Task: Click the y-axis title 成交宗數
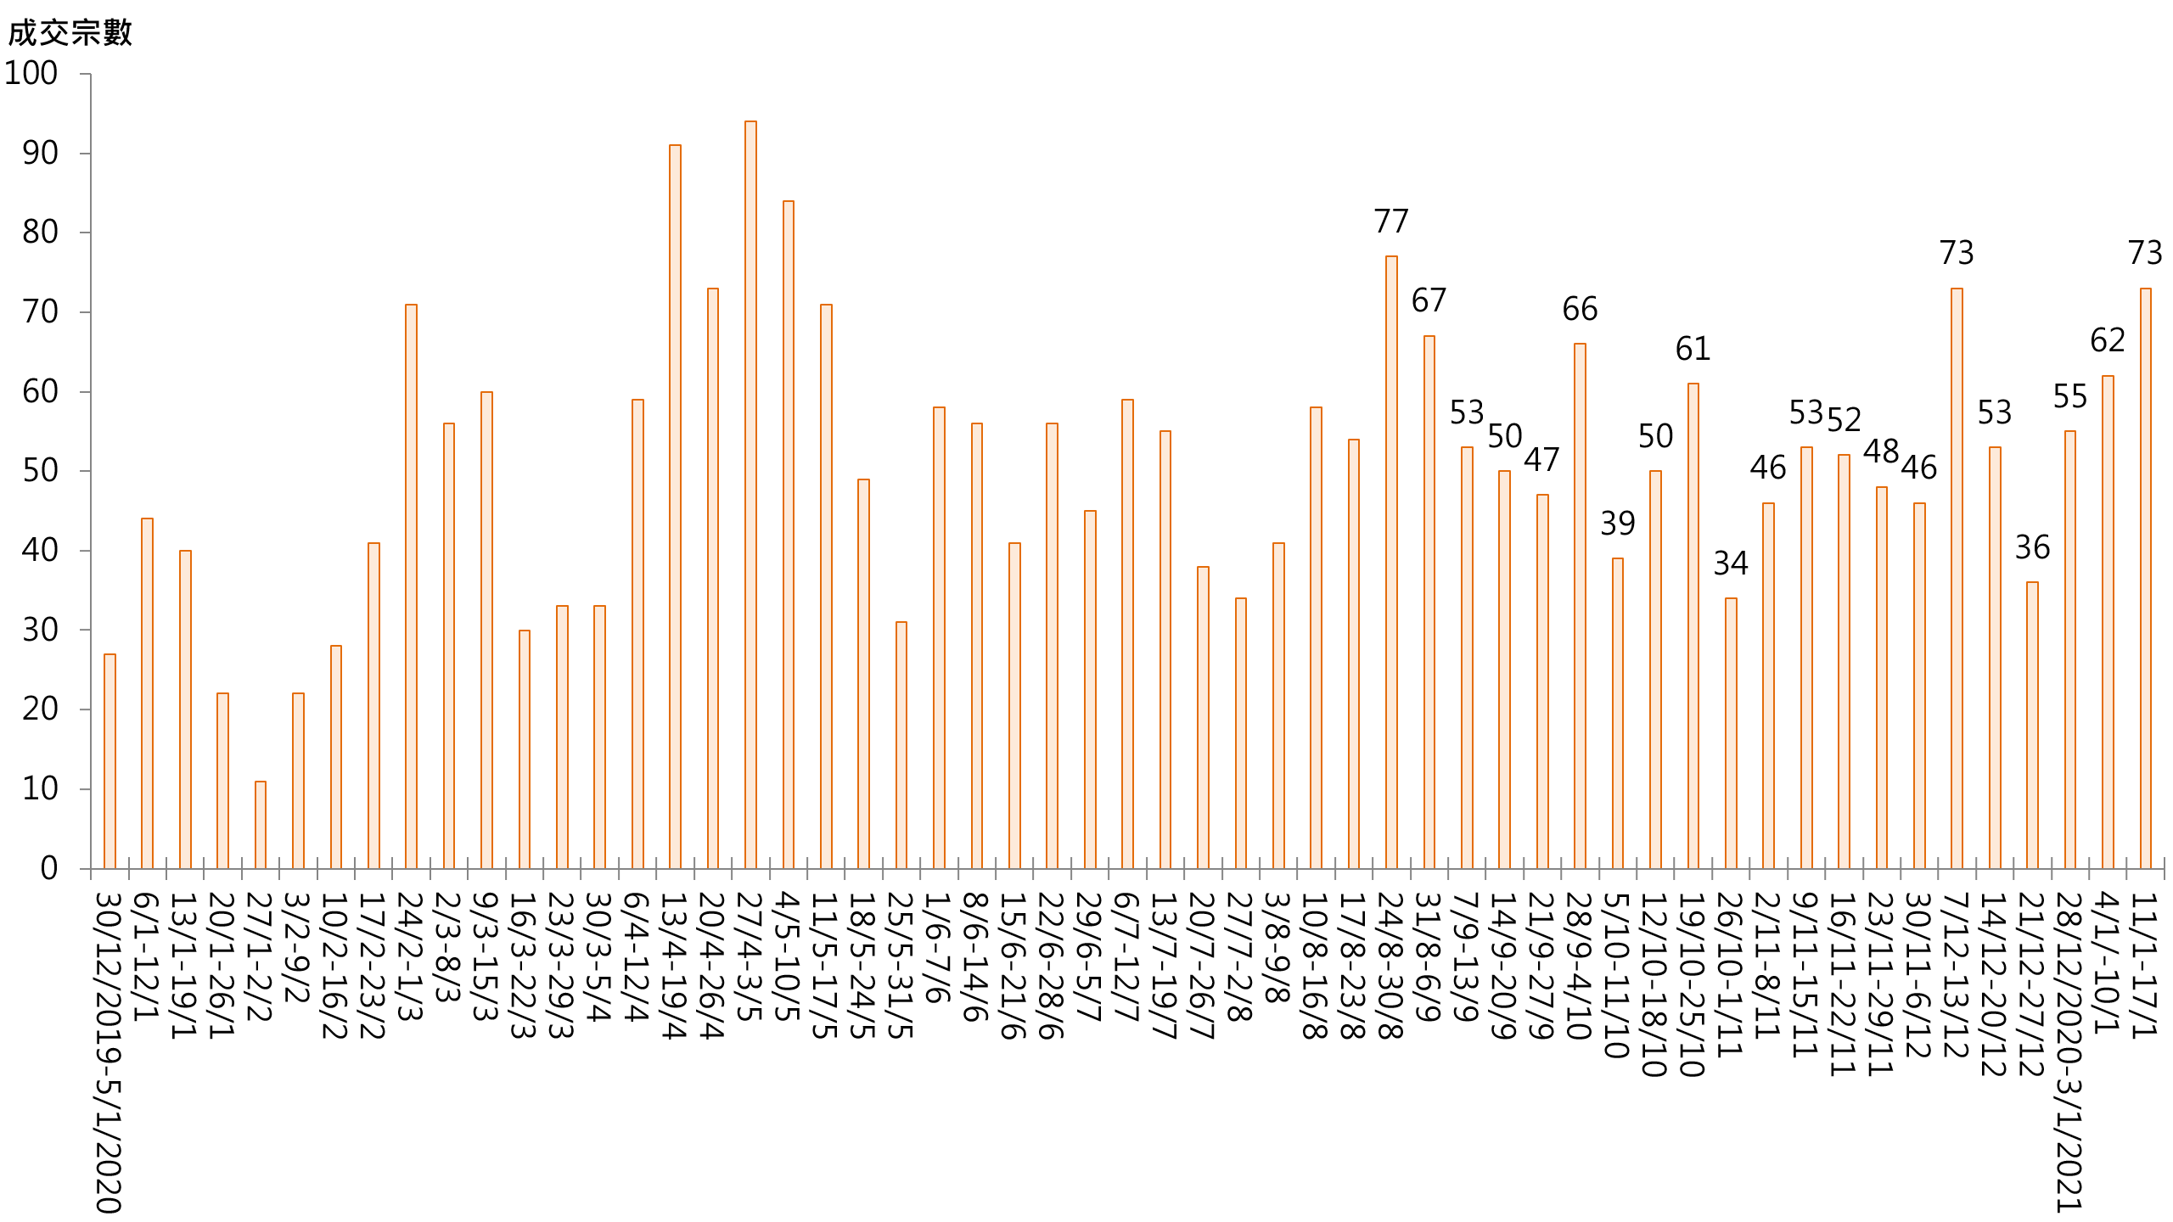coord(70,33)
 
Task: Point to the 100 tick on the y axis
coord(31,74)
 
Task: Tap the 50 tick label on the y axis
coord(40,471)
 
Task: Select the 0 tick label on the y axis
coord(49,868)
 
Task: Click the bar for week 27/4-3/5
coord(750,495)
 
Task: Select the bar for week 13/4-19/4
coord(675,507)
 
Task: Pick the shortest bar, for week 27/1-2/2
coord(261,825)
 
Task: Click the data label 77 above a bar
coord(1391,221)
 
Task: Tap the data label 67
coord(1429,300)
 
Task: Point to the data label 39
coord(1617,524)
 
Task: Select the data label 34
coord(1731,563)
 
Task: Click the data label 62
coord(2108,340)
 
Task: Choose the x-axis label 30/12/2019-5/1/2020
coord(109,1052)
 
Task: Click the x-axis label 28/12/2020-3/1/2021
coord(2069,1052)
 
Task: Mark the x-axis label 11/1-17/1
coord(2145,965)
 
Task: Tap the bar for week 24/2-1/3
coord(411,586)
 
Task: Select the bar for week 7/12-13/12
coord(1957,578)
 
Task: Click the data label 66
coord(1580,309)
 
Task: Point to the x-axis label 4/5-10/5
coord(788,957)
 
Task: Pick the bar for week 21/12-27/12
coord(2032,726)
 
